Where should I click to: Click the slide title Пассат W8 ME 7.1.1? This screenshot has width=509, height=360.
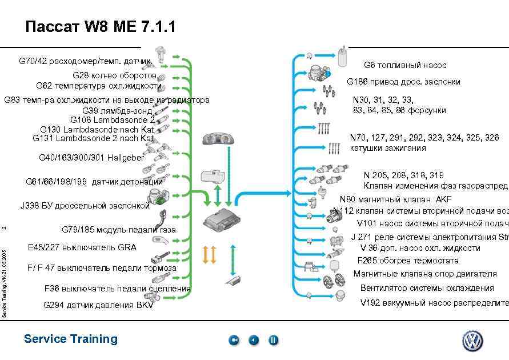[101, 27]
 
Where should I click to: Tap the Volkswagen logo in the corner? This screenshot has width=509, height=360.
[472, 341]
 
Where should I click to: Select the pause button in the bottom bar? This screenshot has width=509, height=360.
[274, 341]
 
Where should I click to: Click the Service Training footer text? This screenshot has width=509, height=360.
[71, 339]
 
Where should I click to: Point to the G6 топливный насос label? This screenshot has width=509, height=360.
[405, 65]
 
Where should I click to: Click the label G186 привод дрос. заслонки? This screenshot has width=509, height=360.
[403, 82]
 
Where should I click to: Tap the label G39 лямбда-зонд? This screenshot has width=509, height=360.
[118, 110]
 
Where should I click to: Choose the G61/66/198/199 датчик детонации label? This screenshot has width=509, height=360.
[94, 182]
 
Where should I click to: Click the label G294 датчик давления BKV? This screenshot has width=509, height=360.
[98, 305]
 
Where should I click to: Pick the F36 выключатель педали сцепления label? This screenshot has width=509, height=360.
[117, 288]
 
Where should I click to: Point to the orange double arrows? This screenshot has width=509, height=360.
[210, 254]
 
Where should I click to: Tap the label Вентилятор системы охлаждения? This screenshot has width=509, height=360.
[427, 288]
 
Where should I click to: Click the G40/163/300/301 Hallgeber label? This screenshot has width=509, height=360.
[91, 157]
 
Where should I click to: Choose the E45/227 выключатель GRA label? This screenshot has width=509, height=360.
[82, 247]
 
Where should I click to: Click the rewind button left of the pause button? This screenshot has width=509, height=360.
[254, 341]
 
